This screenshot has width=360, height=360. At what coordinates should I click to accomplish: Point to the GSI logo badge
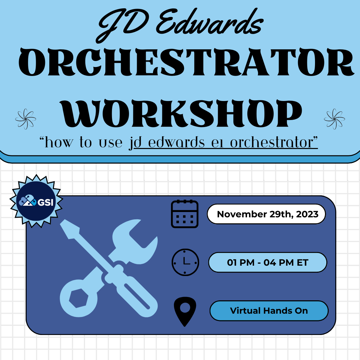(36, 201)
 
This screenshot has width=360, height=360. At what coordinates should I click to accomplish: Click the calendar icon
(185, 214)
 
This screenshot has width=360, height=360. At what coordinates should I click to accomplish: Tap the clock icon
(185, 262)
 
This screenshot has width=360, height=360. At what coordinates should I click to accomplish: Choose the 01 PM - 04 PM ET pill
(268, 262)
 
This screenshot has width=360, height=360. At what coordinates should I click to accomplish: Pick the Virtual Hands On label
(269, 311)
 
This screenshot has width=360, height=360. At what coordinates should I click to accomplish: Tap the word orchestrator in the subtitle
(272, 143)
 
